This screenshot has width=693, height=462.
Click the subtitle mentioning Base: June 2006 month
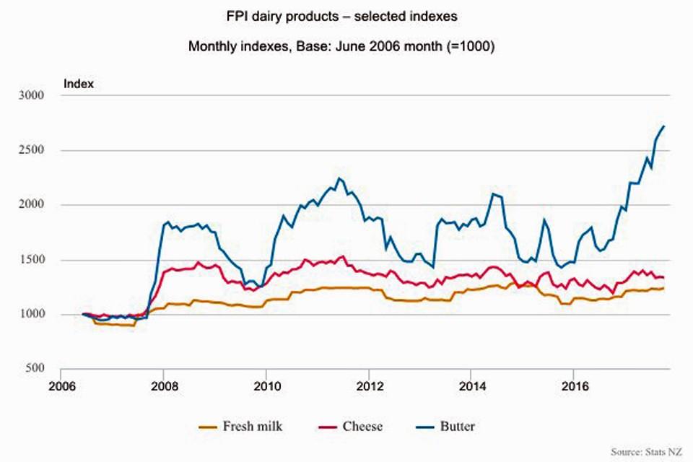346,46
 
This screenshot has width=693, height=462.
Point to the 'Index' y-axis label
79,84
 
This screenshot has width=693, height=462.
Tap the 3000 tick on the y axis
32,95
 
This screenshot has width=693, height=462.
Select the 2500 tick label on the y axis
32,150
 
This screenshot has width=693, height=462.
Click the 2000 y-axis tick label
32,205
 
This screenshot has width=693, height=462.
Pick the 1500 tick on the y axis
32,260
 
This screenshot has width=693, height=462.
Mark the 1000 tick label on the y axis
32,314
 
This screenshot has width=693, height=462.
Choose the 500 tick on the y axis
35,369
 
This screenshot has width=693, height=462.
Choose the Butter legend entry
444,427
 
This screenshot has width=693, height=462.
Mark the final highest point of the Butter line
663,126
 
